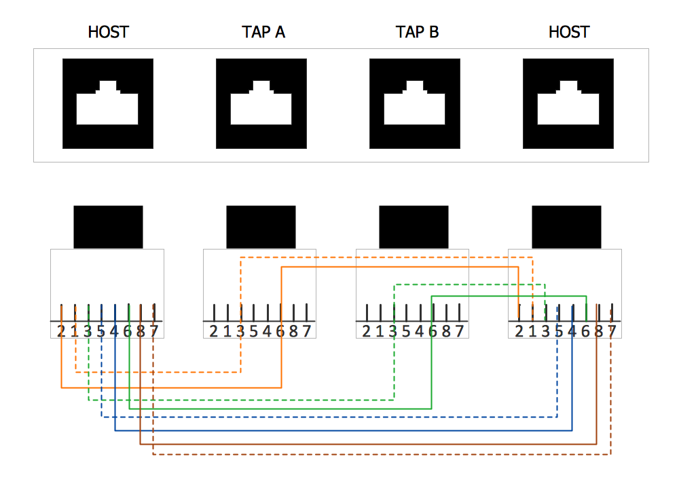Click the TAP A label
(263, 32)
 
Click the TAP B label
(417, 32)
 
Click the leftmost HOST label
(109, 32)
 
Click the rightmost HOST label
(569, 32)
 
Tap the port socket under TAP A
(261, 103)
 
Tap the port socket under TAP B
(415, 103)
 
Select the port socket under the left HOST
(108, 103)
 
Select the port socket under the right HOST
(568, 103)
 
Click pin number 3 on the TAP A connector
(240, 331)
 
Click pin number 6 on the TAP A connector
(280, 331)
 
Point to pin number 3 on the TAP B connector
(393, 331)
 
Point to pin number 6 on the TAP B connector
(433, 331)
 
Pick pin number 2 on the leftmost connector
(61, 331)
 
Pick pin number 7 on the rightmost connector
(612, 331)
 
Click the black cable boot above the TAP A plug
(261, 226)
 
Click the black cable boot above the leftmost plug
(108, 226)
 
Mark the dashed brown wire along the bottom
(380, 454)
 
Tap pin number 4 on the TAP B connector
(420, 331)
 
